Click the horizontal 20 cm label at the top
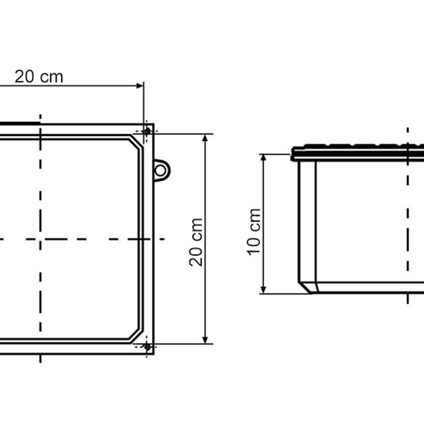click(39, 77)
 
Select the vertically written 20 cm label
click(196, 242)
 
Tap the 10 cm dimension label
click(254, 232)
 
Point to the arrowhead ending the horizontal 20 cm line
click(140, 86)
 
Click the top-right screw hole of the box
click(147, 131)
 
